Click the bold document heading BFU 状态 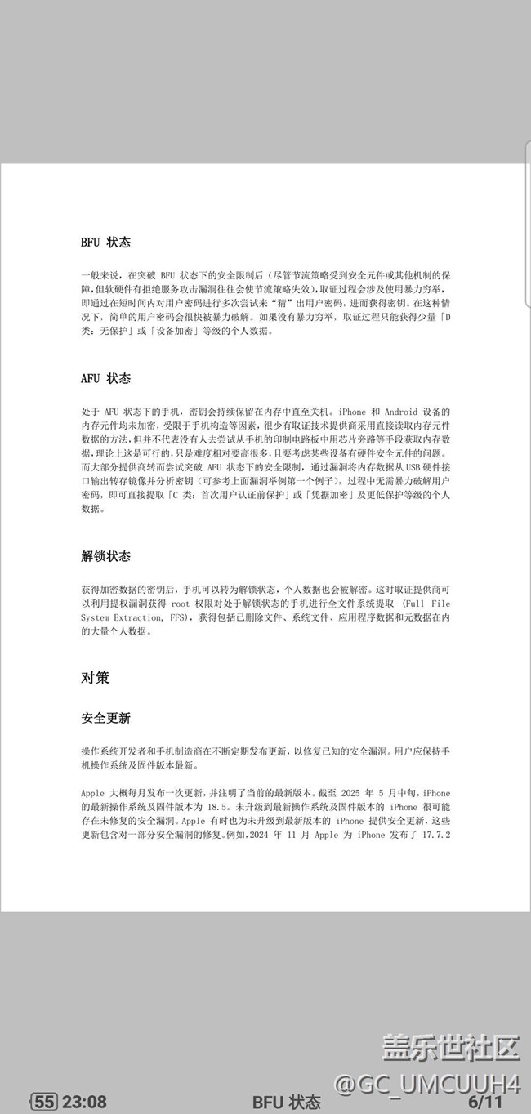click(105, 243)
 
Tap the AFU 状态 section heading click(105, 378)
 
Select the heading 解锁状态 click(105, 556)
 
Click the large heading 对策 click(95, 678)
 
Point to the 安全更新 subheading click(105, 718)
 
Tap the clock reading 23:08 click(84, 1102)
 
